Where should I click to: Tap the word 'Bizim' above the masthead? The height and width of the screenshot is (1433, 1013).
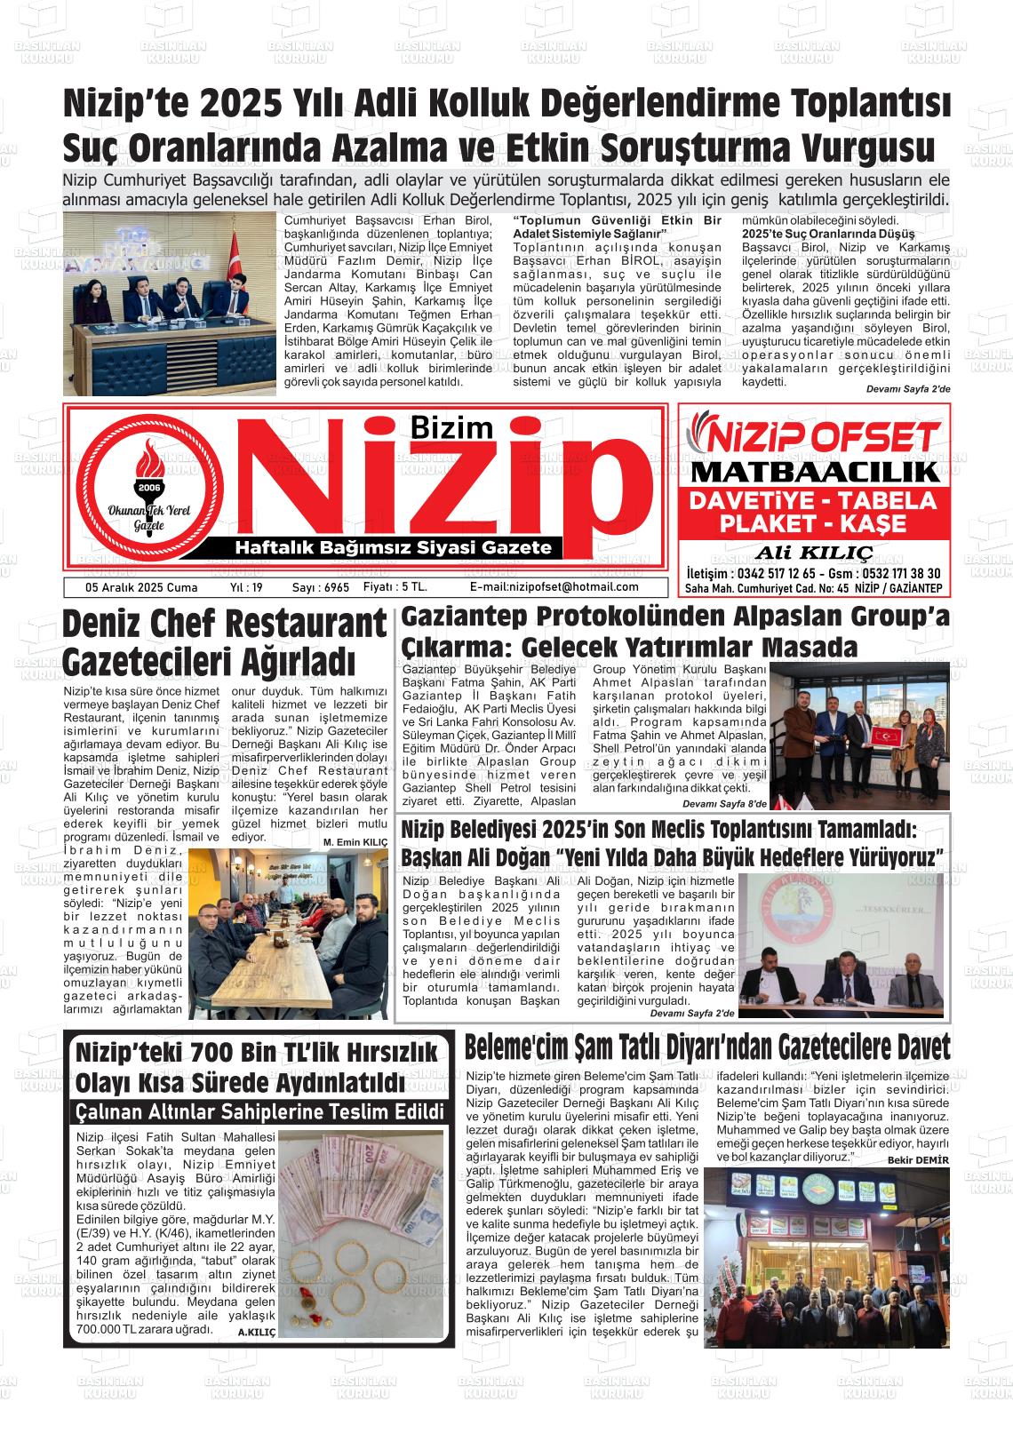[451, 428]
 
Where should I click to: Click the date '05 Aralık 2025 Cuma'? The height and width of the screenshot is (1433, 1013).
[129, 587]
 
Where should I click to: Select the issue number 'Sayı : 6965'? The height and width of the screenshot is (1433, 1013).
[320, 587]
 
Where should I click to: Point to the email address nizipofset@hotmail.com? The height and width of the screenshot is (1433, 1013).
[554, 587]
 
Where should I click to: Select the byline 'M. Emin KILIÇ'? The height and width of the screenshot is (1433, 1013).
[355, 841]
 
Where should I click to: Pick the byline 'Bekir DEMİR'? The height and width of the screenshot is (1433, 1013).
[919, 1160]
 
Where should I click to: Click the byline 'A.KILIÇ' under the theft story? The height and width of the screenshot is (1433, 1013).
[257, 1333]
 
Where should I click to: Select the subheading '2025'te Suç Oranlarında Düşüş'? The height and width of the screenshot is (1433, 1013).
[828, 234]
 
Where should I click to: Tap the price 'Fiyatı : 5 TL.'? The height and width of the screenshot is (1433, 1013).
[395, 587]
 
